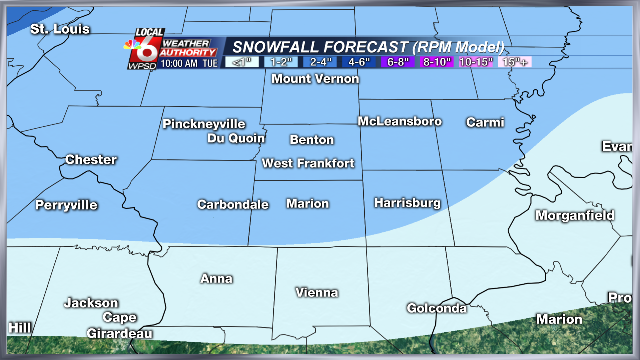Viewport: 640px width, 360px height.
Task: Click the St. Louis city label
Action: (x=53, y=29)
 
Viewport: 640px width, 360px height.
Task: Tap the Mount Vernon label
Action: (x=315, y=79)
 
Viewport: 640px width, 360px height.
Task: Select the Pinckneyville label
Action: (x=204, y=124)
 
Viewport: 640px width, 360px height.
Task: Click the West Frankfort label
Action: (x=308, y=163)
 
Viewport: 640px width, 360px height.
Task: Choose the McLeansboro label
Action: (x=400, y=121)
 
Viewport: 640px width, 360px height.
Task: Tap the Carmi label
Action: (x=484, y=122)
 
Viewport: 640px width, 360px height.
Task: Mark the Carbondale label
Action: (x=233, y=204)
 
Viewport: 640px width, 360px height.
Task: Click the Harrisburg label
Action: (x=407, y=203)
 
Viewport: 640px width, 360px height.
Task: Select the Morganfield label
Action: (x=573, y=215)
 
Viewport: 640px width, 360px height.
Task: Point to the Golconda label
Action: (x=437, y=308)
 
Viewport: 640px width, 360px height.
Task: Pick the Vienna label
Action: (x=317, y=292)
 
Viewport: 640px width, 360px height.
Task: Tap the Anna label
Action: (x=216, y=278)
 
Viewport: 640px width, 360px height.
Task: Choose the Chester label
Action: (x=91, y=160)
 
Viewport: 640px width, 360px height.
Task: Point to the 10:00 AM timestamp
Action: (x=155, y=62)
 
